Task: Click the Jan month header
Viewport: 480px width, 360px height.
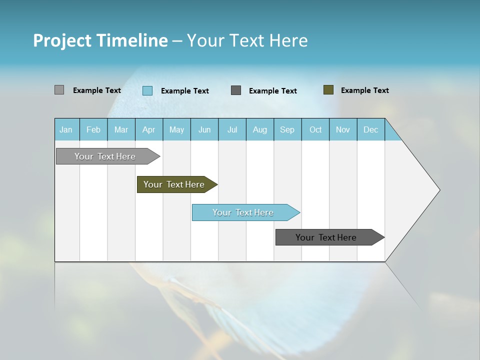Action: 66,129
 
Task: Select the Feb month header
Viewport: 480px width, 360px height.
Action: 93,129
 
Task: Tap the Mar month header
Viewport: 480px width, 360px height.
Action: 121,129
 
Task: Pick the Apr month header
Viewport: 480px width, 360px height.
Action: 149,129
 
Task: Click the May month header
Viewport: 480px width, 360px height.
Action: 176,129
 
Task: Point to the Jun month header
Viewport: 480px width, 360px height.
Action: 204,129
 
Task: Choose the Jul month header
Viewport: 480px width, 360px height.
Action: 232,129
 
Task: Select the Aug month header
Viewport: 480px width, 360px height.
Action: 260,129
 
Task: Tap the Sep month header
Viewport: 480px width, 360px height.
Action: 287,129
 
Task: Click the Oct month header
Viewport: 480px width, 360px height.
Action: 315,129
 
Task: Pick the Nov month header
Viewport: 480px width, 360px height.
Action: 343,129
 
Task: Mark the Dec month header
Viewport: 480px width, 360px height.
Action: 371,129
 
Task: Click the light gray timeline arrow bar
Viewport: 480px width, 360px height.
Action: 105,156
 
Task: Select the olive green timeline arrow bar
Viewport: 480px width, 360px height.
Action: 174,184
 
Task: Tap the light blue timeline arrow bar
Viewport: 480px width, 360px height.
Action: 243,212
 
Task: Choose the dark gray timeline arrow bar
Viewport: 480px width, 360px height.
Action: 326,237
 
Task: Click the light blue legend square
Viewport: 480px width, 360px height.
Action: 147,90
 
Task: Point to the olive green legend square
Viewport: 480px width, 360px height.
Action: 328,90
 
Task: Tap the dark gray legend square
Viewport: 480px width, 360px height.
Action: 236,90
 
